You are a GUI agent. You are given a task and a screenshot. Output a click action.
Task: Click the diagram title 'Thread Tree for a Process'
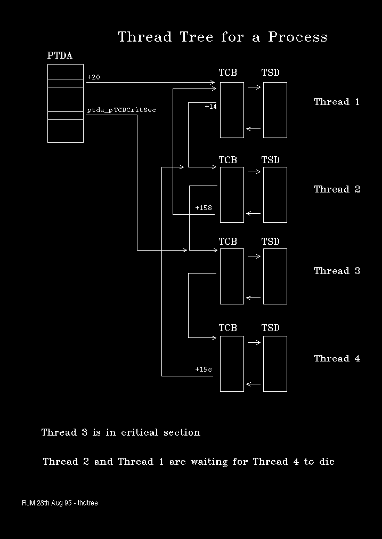click(x=222, y=37)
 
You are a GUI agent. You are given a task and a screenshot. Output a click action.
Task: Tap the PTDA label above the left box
click(x=60, y=55)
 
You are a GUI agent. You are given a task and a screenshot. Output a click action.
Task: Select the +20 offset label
click(x=94, y=77)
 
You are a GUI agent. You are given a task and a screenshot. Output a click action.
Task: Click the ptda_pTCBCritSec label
click(x=121, y=110)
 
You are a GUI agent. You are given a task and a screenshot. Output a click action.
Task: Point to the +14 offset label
click(x=211, y=107)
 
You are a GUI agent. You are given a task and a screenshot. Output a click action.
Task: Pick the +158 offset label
click(x=204, y=207)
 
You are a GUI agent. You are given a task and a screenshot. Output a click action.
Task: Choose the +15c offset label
click(x=204, y=369)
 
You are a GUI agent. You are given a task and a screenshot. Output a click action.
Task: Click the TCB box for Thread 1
click(x=232, y=110)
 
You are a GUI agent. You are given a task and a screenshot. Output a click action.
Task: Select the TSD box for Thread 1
click(x=275, y=110)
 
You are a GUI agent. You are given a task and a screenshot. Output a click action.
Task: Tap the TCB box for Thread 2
click(x=232, y=195)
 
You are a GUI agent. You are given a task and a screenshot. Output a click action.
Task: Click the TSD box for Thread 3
click(x=275, y=276)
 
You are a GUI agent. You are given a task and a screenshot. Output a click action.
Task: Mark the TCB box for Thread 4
click(x=232, y=364)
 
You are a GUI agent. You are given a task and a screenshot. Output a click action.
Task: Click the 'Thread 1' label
click(x=337, y=102)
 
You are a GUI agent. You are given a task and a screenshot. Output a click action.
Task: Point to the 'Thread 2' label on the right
click(x=337, y=189)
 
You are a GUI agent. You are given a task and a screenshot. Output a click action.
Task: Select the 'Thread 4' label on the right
click(x=337, y=358)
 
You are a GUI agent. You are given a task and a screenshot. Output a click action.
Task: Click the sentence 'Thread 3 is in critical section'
click(x=121, y=432)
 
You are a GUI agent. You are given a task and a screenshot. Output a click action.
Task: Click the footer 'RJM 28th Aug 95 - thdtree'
click(x=60, y=503)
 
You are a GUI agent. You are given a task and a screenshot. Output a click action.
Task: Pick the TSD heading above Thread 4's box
click(x=270, y=328)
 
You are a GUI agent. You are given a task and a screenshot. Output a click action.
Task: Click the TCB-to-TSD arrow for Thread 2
click(x=254, y=172)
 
